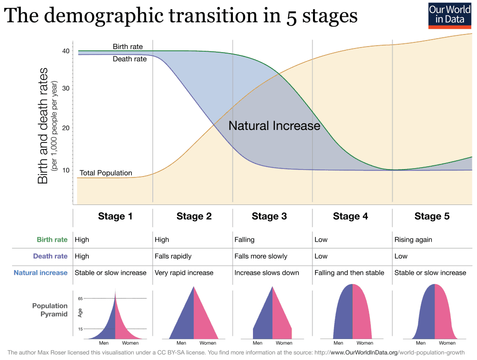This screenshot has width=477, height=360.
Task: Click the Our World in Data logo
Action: (x=450, y=15)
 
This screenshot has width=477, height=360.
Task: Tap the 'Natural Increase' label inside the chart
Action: (x=274, y=126)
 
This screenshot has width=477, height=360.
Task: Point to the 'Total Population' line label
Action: (x=106, y=173)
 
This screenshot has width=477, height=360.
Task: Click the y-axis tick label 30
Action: (x=66, y=88)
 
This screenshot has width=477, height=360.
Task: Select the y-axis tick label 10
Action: (x=66, y=170)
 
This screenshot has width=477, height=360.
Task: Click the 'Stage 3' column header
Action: (x=269, y=216)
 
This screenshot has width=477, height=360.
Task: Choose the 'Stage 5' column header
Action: (x=432, y=216)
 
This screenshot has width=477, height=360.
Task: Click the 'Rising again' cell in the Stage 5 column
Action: (x=413, y=240)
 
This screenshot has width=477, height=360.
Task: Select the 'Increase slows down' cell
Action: (x=266, y=272)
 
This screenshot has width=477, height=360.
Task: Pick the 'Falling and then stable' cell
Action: (x=349, y=272)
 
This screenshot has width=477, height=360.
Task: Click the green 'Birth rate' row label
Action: (x=52, y=240)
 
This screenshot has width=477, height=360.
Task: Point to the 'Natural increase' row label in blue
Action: (x=41, y=272)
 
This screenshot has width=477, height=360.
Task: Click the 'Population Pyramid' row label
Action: (x=50, y=310)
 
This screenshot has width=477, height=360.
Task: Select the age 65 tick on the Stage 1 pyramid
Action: (x=80, y=298)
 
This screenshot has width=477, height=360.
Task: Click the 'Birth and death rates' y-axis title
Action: (x=43, y=126)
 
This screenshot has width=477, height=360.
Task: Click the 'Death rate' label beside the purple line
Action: (x=129, y=59)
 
